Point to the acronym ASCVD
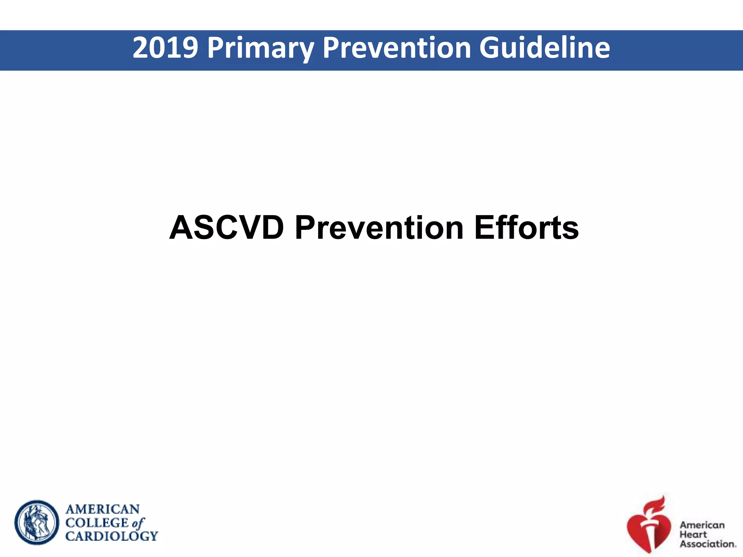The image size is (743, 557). [226, 228]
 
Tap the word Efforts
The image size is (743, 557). [526, 228]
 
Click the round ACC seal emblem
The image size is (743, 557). [37, 522]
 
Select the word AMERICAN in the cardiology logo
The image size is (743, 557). [102, 509]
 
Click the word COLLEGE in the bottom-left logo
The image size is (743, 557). [97, 523]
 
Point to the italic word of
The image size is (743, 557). [138, 523]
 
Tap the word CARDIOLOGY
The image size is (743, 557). [111, 536]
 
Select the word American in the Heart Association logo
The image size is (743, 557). [702, 525]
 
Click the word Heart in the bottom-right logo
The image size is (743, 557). [693, 534]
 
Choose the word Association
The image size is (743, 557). [707, 544]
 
